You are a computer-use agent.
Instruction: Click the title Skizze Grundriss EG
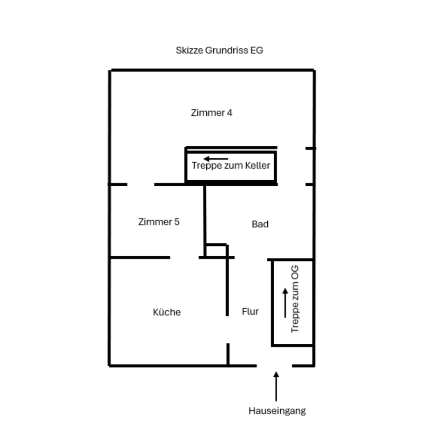[219, 50]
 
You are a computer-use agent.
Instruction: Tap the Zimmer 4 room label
[211, 113]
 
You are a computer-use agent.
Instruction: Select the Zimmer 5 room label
[159, 222]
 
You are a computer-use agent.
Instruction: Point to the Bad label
[260, 224]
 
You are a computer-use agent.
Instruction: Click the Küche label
[167, 313]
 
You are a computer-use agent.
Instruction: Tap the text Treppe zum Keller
[231, 166]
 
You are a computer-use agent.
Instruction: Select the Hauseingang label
[277, 411]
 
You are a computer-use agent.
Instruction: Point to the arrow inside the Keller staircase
[216, 159]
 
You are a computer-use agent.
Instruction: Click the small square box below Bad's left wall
[216, 251]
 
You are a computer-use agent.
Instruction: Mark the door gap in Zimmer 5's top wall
[141, 184]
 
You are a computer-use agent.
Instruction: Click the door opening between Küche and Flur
[228, 330]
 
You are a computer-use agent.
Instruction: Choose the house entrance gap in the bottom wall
[274, 366]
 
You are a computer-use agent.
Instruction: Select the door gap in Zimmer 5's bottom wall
[184, 257]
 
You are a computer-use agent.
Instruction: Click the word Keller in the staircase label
[257, 166]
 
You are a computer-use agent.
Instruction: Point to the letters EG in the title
[257, 50]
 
